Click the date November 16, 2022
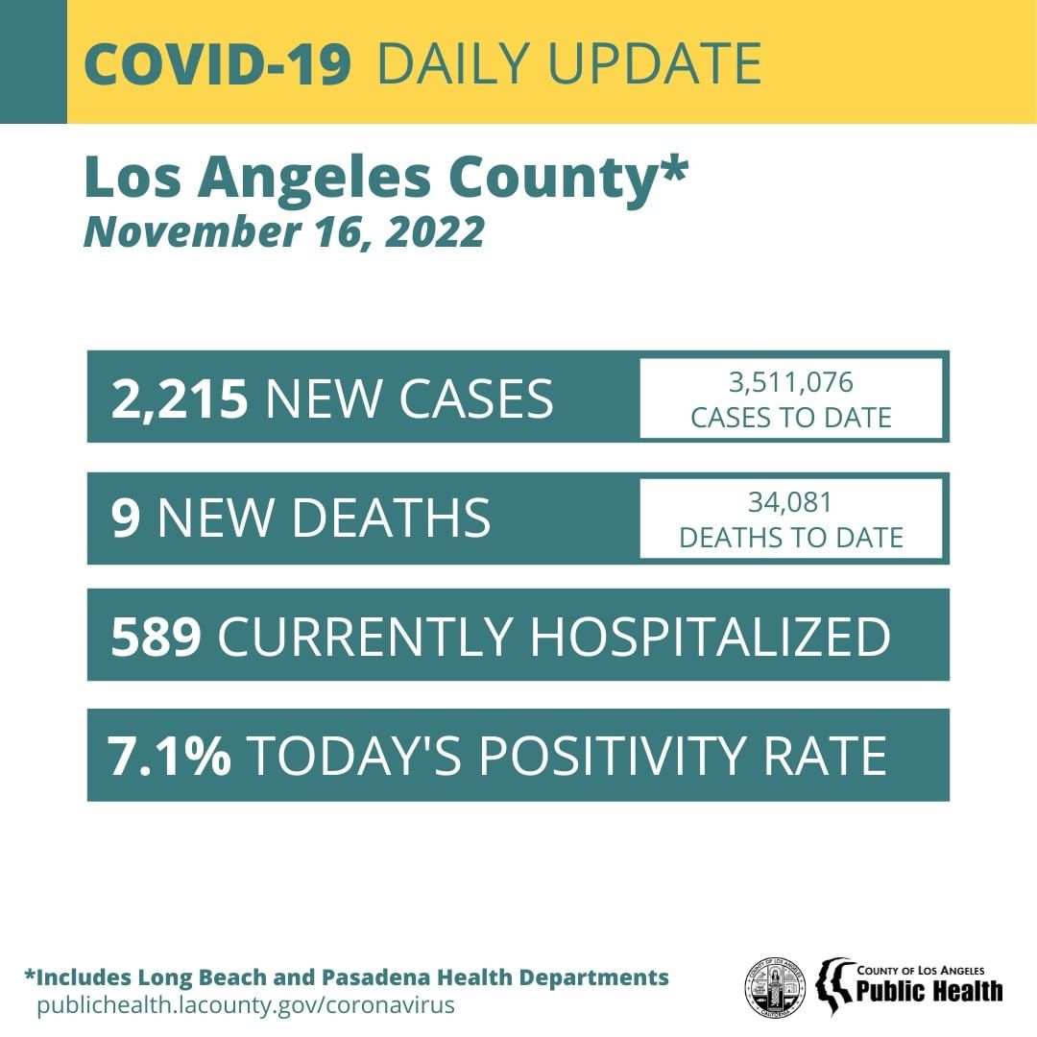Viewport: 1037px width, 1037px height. [284, 233]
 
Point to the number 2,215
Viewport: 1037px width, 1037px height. [180, 398]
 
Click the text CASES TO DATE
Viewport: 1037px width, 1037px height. [791, 418]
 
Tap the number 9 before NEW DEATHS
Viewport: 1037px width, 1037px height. [126, 518]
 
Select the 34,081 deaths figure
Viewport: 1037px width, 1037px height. [791, 502]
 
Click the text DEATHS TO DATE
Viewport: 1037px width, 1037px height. [791, 538]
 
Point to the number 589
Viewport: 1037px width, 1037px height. [156, 637]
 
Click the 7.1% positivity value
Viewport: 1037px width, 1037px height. [170, 757]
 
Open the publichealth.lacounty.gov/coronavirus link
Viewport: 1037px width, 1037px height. [245, 1005]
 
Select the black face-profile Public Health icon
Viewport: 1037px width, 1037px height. [834, 987]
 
